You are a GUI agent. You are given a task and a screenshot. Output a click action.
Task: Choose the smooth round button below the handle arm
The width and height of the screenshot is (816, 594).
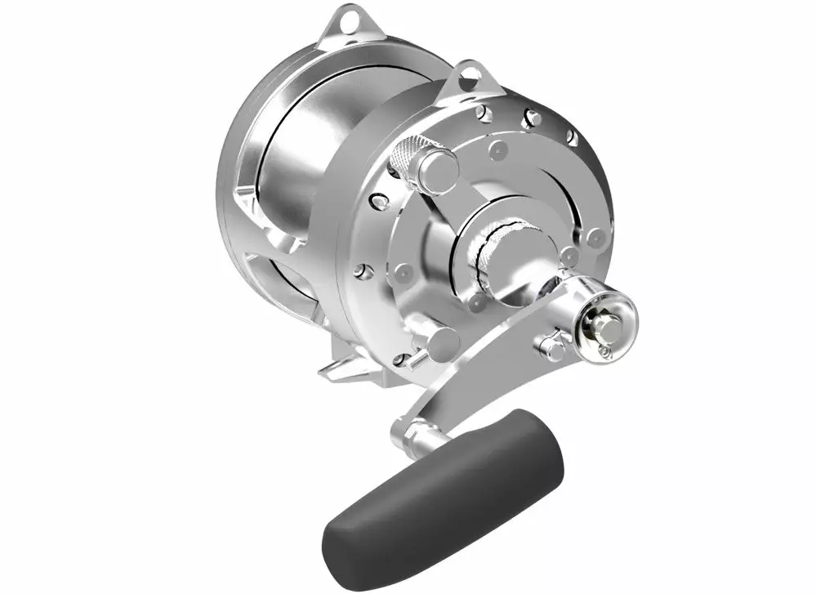[x=442, y=344]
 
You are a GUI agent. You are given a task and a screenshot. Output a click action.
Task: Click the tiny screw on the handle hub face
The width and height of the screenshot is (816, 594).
[x=604, y=351]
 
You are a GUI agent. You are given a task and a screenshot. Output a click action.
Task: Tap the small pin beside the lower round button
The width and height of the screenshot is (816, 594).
[x=403, y=358]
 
